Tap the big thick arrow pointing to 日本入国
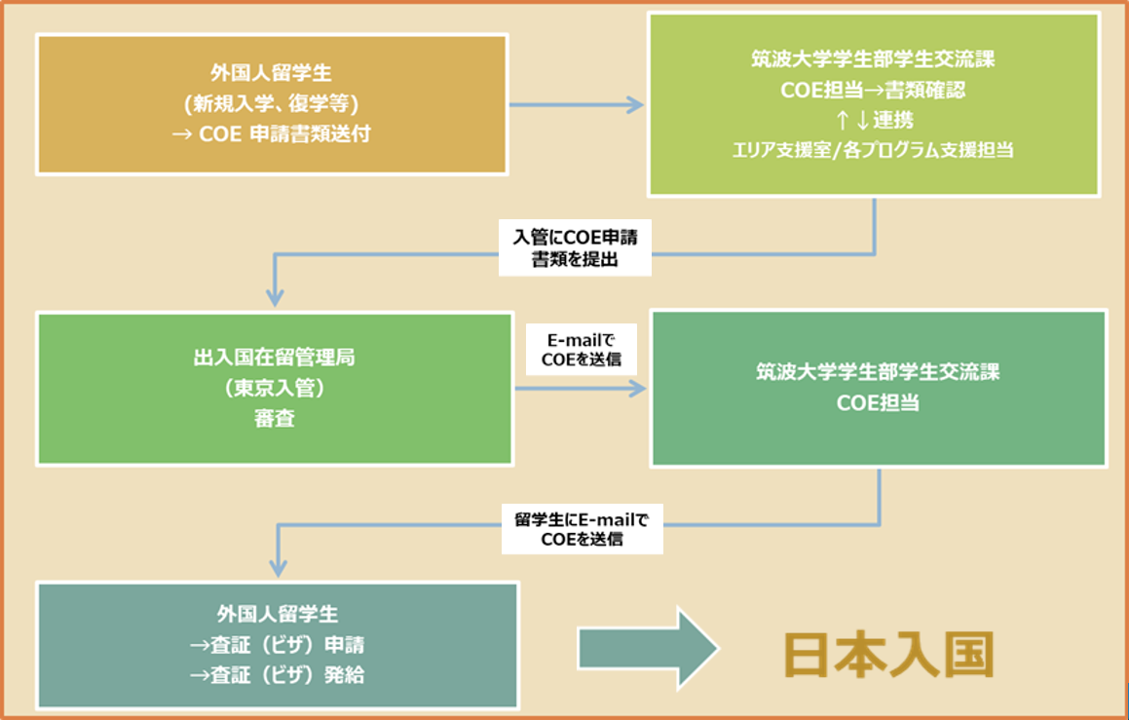tap(647, 649)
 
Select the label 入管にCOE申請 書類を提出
tap(574, 249)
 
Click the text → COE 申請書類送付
tap(271, 135)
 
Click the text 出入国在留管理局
tap(274, 357)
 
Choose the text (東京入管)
tap(274, 388)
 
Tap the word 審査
tap(274, 419)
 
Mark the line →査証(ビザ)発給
tap(277, 674)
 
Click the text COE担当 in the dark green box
tap(877, 403)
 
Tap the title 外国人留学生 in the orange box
tap(271, 74)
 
